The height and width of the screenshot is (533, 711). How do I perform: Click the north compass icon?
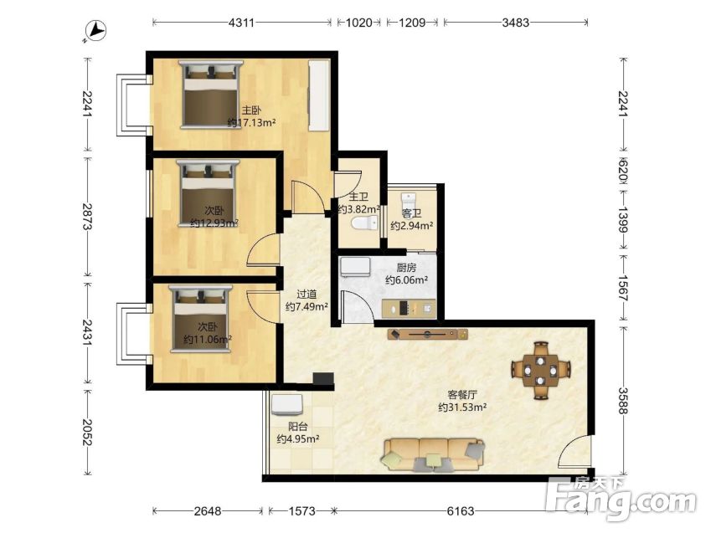(96, 31)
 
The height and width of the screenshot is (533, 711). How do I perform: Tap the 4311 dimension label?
(241, 23)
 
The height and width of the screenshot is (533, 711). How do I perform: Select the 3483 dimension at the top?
(516, 23)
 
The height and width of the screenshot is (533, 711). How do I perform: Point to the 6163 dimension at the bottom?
(461, 511)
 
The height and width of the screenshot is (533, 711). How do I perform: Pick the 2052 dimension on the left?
(88, 432)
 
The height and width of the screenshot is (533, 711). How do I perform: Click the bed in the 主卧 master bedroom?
(211, 95)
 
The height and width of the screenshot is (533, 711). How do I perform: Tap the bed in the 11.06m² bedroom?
(200, 318)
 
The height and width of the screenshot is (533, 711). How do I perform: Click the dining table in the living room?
(540, 371)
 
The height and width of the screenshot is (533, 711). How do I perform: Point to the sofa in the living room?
(434, 454)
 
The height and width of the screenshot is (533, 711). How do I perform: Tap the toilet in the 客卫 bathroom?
(409, 201)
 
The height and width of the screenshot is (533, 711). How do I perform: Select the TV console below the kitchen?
(428, 335)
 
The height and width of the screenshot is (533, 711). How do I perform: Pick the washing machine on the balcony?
(287, 405)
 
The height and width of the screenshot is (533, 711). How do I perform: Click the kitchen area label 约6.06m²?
(407, 280)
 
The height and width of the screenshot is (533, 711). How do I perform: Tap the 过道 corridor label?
(307, 295)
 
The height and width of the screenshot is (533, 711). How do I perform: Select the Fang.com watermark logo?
(621, 499)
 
